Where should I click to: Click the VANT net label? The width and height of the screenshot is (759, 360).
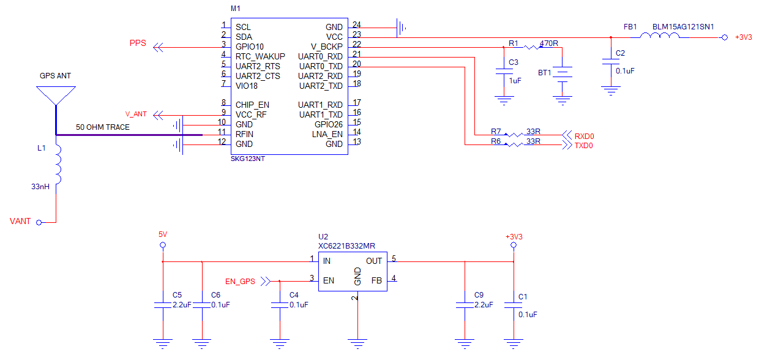coord(20,221)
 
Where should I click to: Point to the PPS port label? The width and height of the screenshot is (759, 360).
coord(138,43)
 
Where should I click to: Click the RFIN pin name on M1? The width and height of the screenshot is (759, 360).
coord(244,134)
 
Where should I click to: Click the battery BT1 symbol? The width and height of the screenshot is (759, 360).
coord(563,73)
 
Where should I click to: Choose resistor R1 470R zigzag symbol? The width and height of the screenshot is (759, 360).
coord(531,47)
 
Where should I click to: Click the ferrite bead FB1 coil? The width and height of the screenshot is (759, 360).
coord(660,37)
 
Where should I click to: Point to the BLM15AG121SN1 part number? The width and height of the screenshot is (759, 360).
coord(683,27)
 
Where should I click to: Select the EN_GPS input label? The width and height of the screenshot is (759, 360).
coord(240,282)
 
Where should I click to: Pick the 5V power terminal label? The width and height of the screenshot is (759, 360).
coord(162,234)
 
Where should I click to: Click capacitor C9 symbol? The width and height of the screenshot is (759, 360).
coord(465,305)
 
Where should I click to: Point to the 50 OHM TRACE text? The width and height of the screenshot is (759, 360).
coord(102,127)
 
